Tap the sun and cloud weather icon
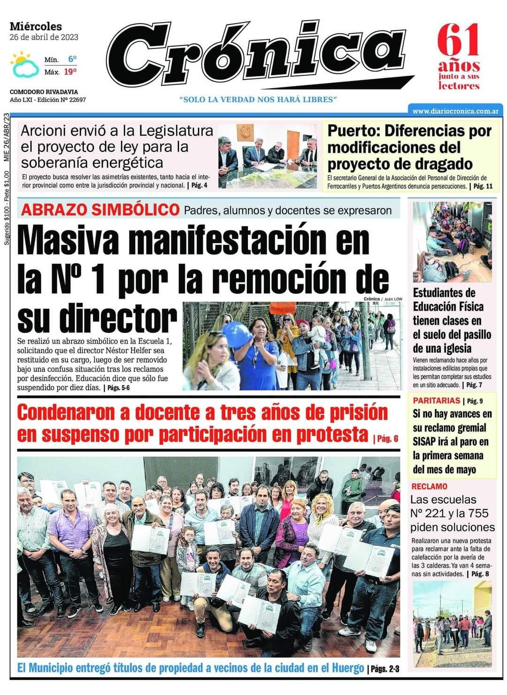[x=24, y=64]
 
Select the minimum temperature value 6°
[x=72, y=59]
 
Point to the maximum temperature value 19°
[x=70, y=72]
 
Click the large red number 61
[x=459, y=41]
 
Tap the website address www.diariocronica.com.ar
[x=455, y=111]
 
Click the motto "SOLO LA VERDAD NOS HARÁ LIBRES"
[x=258, y=100]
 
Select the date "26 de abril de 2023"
[x=44, y=37]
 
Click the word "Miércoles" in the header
[x=36, y=27]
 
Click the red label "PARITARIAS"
[x=436, y=401]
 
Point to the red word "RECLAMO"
[x=429, y=486]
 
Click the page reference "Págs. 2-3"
[x=384, y=669]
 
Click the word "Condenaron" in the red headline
[x=66, y=413]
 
